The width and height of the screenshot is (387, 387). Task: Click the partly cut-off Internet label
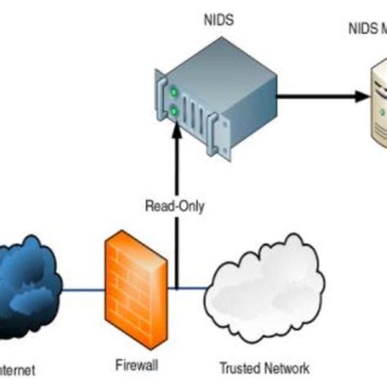pyautogui.click(x=18, y=369)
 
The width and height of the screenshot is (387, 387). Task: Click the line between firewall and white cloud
pyautogui.click(x=189, y=287)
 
